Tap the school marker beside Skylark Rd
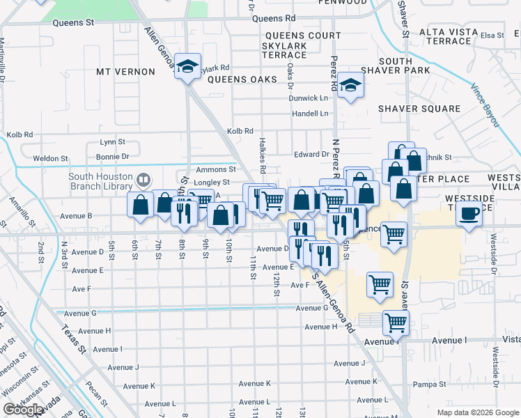point(187,66)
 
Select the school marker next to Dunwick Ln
point(350,85)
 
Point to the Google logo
point(23,410)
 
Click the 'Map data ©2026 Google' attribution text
point(477,412)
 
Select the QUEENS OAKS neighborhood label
point(238,79)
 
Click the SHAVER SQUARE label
point(419,109)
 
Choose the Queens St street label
point(73,22)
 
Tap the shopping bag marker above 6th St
point(140,205)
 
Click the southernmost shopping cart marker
point(395,323)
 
